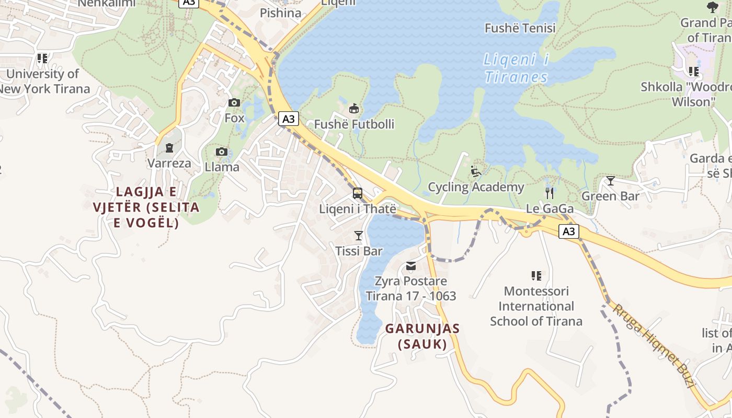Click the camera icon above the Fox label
click(x=234, y=102)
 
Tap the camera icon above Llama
click(x=222, y=152)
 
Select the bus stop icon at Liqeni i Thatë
click(x=358, y=193)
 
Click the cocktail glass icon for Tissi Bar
click(x=359, y=236)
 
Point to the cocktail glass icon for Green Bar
click(x=610, y=181)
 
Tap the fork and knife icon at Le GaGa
click(x=549, y=193)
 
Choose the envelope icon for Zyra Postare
click(x=411, y=266)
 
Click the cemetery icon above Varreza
click(x=169, y=148)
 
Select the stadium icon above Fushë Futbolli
click(x=354, y=109)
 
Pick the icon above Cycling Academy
click(x=476, y=171)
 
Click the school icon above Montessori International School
click(x=536, y=275)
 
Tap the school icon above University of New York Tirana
click(x=42, y=59)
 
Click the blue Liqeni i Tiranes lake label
click(x=516, y=68)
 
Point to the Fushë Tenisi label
click(x=520, y=28)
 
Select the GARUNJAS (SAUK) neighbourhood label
click(x=422, y=336)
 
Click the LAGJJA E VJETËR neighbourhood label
click(x=146, y=207)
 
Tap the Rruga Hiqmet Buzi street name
click(x=654, y=345)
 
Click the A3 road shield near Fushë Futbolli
click(x=288, y=119)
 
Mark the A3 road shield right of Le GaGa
click(x=569, y=231)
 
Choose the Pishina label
click(x=281, y=13)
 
